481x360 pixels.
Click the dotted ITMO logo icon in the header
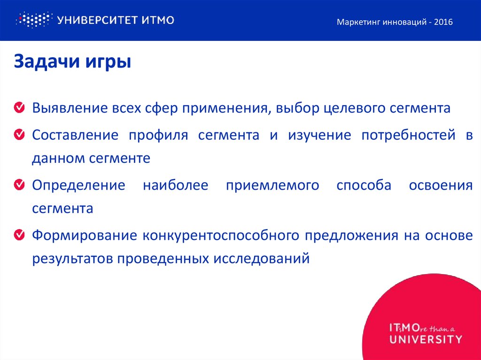tap(32, 20)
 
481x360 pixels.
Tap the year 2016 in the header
tap(443, 22)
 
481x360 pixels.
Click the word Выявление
tap(70, 108)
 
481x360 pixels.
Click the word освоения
tap(441, 185)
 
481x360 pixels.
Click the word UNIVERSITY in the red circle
tap(426, 339)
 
